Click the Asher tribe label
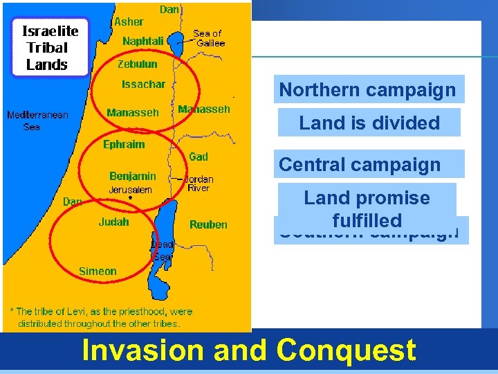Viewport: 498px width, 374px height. click(129, 22)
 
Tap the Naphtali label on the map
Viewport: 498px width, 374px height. click(142, 42)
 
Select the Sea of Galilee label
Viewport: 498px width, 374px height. click(208, 38)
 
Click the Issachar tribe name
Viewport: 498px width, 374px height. click(144, 84)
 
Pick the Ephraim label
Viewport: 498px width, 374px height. click(124, 145)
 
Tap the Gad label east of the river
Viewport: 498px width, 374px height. click(199, 156)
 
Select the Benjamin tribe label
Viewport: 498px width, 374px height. click(132, 176)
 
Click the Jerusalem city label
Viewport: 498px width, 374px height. click(130, 190)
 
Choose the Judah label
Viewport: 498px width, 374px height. click(113, 222)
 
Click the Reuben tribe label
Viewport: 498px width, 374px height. click(208, 224)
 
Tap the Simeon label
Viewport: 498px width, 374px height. click(98, 271)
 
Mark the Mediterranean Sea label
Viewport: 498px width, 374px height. click(37, 121)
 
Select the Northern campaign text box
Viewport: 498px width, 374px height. click(368, 90)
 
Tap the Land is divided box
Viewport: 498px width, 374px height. click(369, 123)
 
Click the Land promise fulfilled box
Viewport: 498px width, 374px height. click(367, 208)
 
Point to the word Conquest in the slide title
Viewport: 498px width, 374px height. click(346, 350)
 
